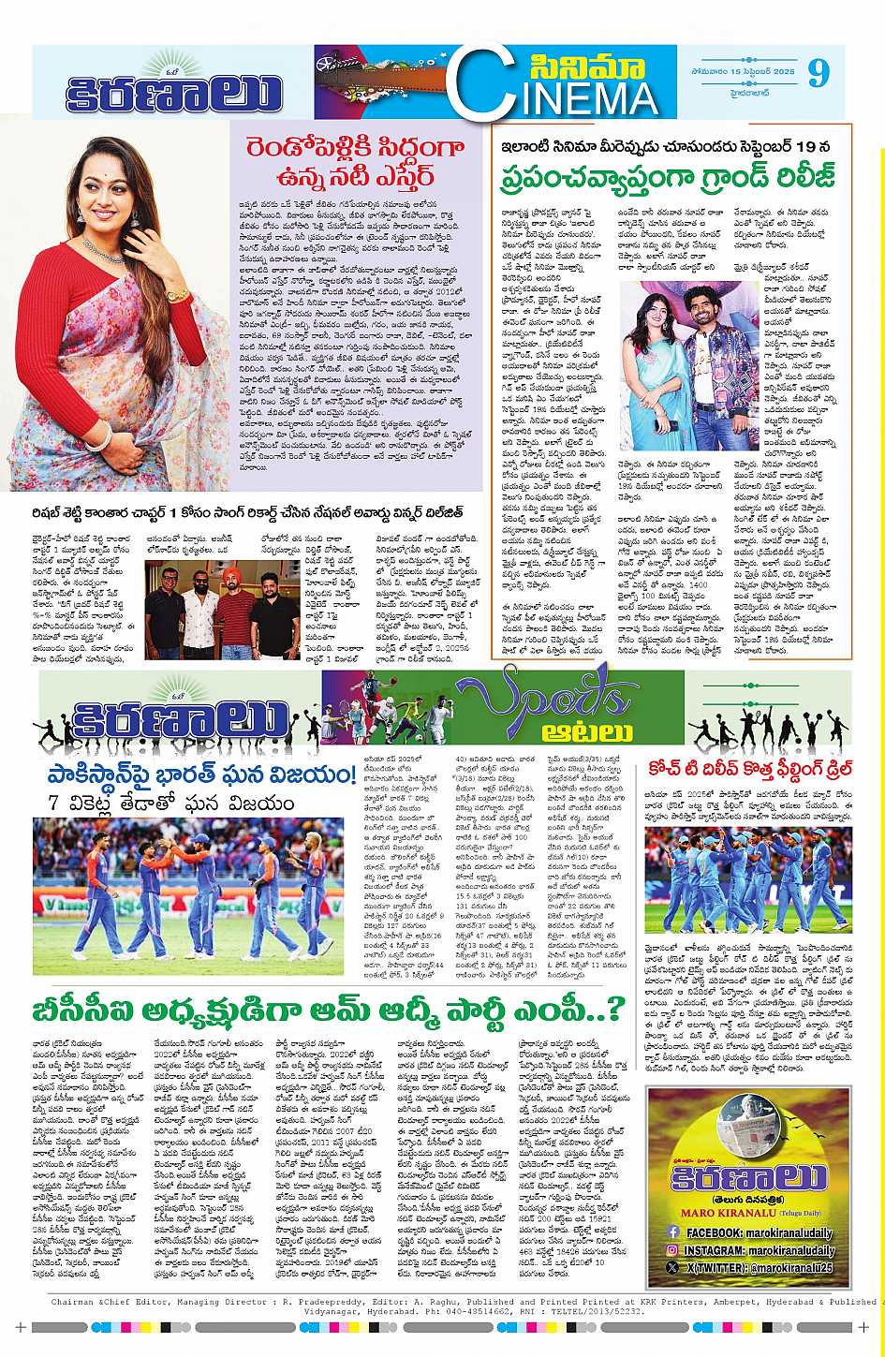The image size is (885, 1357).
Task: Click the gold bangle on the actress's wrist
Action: click(x=178, y=295)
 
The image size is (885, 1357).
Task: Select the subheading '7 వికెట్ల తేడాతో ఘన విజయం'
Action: click(x=158, y=803)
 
